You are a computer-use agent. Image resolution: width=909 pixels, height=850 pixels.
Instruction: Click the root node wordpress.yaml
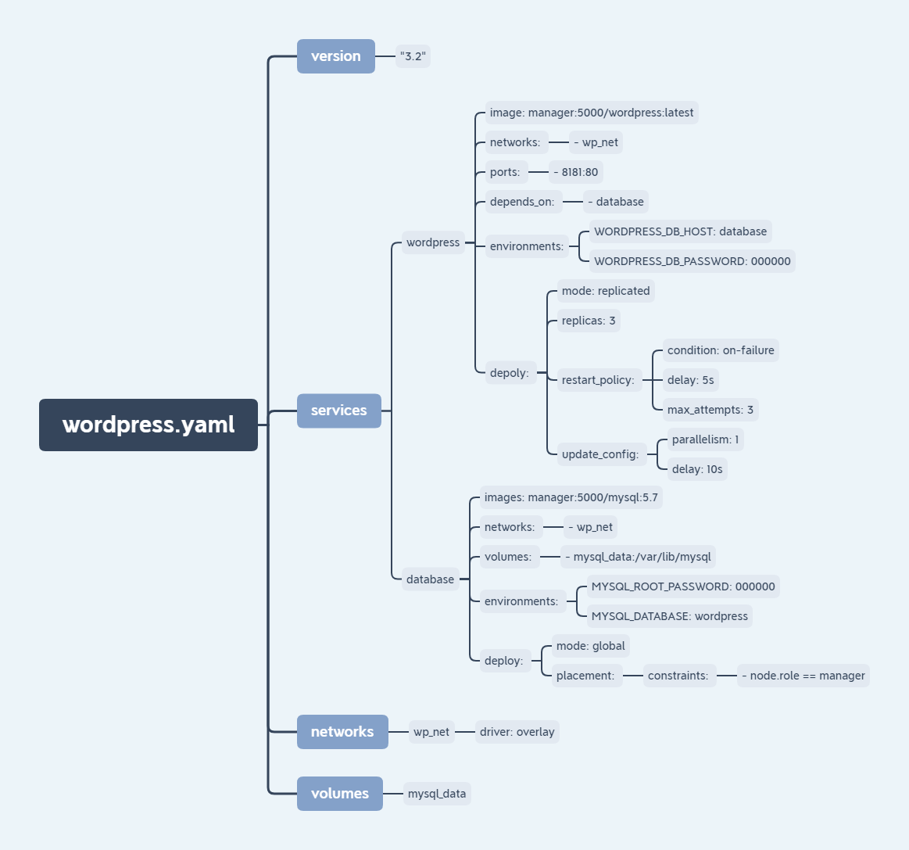coord(149,425)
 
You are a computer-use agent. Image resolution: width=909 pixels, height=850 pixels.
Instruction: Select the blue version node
coord(336,56)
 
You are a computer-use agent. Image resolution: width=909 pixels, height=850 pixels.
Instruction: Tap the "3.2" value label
coord(413,56)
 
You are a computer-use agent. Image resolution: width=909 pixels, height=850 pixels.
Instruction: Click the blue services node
coord(338,411)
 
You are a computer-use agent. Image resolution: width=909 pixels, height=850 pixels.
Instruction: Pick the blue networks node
coord(342,732)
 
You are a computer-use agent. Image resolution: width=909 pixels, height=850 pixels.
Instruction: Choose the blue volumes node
coord(339,794)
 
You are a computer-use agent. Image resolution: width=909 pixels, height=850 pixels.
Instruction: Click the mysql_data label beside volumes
coord(437,794)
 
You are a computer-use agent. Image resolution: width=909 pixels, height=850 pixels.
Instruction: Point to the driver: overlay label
coord(517,732)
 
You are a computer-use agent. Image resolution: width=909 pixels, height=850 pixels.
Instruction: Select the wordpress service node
coord(433,242)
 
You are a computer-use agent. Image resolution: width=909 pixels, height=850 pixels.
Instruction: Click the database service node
coord(430,579)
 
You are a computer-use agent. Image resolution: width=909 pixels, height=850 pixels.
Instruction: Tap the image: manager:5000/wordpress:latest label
coord(592,113)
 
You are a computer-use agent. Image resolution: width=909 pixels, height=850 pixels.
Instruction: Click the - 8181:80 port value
coord(576,172)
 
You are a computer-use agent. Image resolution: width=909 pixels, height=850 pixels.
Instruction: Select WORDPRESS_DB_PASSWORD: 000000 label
coord(692,261)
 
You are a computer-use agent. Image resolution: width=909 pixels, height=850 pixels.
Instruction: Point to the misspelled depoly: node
coord(509,373)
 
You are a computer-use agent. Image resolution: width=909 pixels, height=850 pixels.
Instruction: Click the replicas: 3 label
coord(589,321)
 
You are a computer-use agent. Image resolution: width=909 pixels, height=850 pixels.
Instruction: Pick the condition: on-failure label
coord(721,350)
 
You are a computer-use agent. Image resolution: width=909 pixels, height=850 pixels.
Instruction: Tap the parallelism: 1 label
coord(705,439)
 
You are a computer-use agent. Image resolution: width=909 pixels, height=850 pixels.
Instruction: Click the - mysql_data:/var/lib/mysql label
coord(639,557)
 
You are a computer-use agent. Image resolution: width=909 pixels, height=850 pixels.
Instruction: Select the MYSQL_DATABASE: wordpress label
coord(670,616)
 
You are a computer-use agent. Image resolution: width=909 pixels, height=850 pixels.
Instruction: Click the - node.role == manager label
coord(803,676)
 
